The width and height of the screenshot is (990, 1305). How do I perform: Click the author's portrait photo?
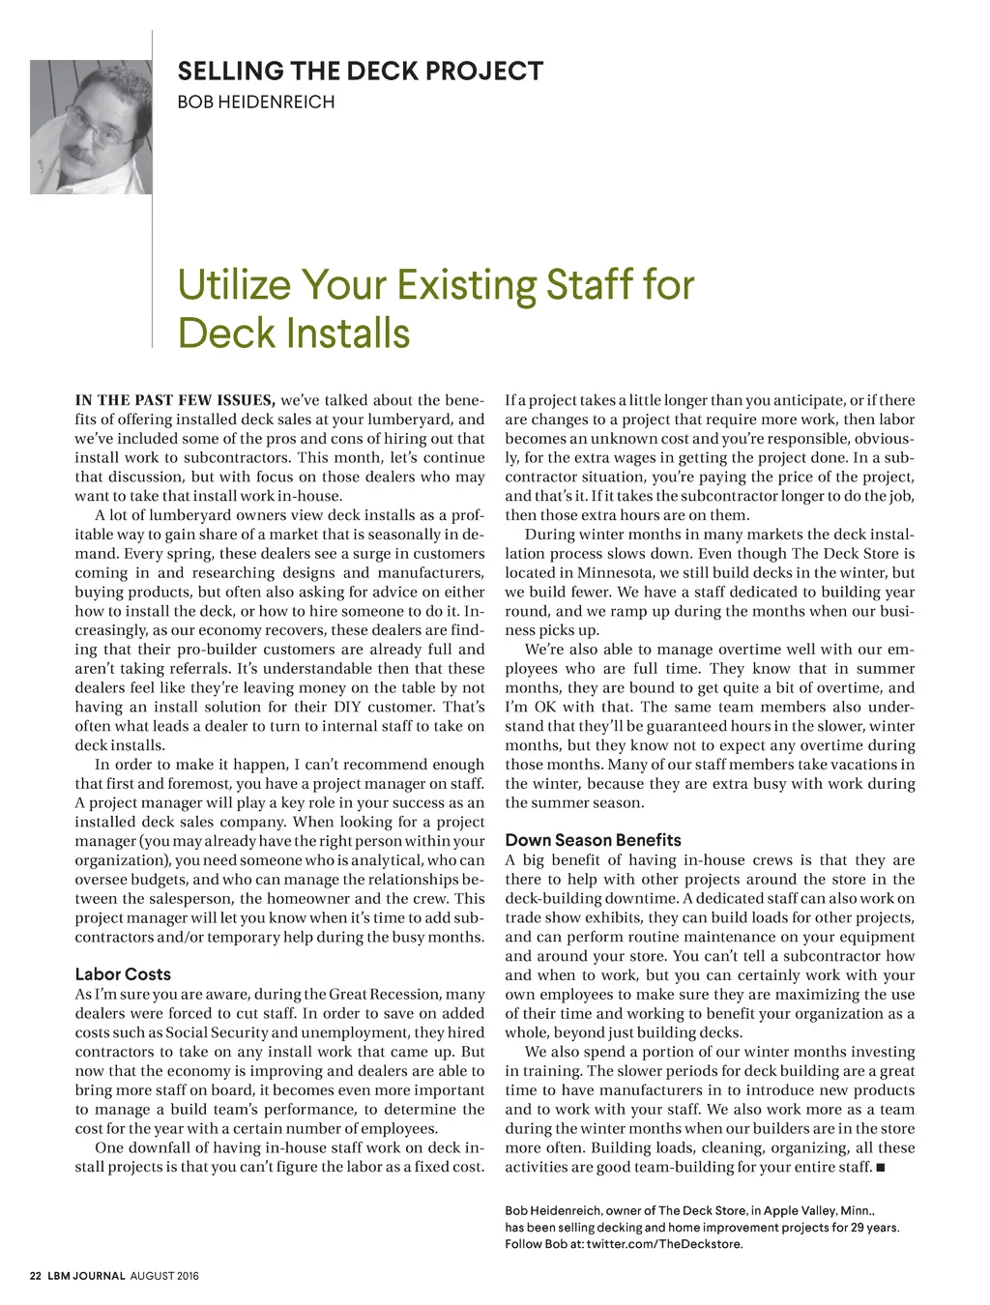click(91, 127)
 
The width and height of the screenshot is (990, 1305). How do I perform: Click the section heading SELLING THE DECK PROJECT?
click(360, 72)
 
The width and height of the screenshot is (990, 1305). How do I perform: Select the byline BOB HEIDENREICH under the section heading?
click(255, 101)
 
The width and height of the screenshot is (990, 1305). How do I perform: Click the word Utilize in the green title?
click(234, 285)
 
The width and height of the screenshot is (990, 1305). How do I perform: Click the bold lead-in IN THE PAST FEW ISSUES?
click(175, 400)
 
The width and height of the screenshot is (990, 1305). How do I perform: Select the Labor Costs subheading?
click(123, 974)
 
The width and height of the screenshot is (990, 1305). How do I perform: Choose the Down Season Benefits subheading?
click(593, 840)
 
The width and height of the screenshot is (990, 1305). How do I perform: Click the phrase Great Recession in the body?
click(385, 994)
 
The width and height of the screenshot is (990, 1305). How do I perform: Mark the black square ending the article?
click(881, 1168)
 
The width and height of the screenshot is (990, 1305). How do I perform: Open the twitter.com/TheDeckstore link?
click(664, 1243)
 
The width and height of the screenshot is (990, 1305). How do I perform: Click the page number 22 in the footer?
click(36, 1276)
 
